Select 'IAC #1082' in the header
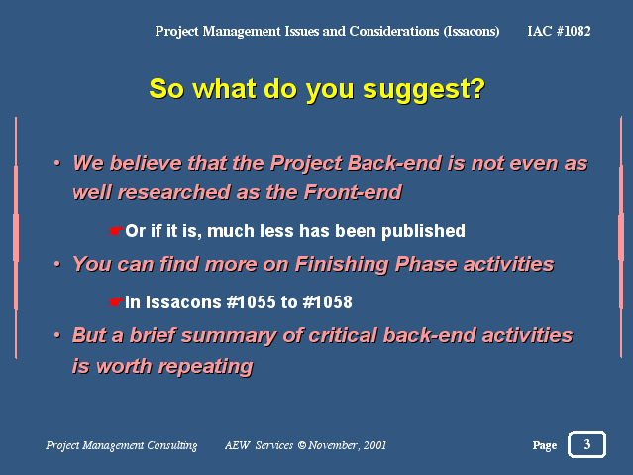[x=559, y=31]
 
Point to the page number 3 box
[x=587, y=444]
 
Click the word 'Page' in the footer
[x=545, y=445]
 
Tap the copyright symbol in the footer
[x=302, y=445]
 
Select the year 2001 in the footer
[x=374, y=445]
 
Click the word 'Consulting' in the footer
[x=172, y=445]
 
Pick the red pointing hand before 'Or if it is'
[x=116, y=231]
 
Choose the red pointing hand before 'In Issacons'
[x=116, y=302]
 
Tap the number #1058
[x=328, y=302]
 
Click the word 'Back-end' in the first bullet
[x=394, y=163]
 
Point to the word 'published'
[x=423, y=232]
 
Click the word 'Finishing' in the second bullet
[x=342, y=265]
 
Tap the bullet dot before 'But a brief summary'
[x=57, y=335]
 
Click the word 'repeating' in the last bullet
[x=205, y=367]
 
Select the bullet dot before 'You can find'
[x=57, y=264]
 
